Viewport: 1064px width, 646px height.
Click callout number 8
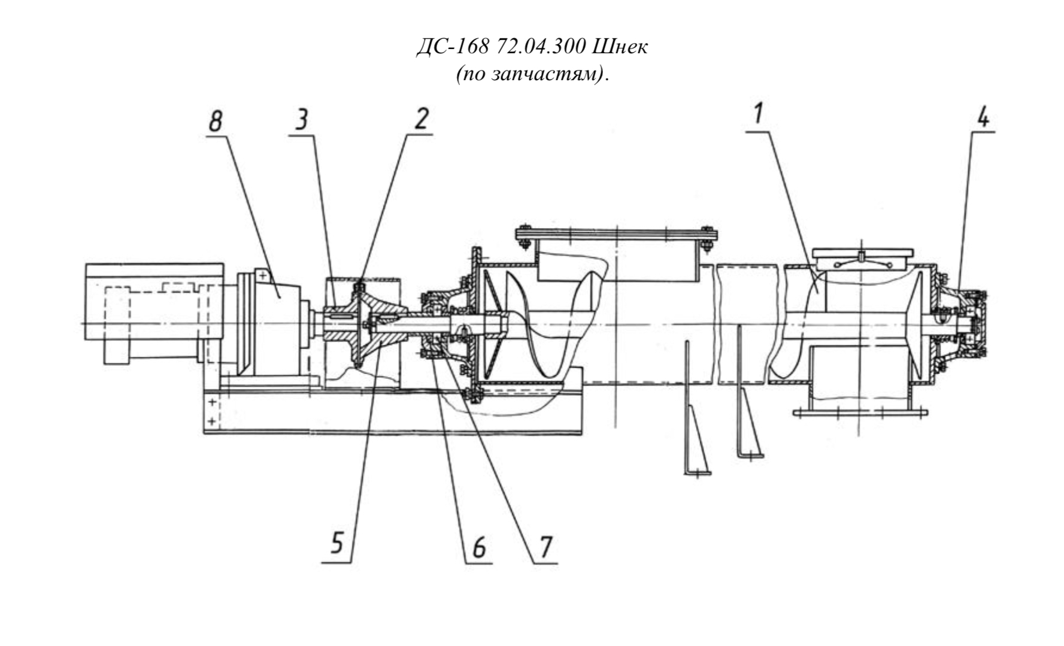tap(216, 122)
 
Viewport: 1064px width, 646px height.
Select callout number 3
tap(302, 119)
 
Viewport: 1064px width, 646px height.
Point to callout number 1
tap(759, 113)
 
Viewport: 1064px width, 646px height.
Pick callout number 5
tap(337, 544)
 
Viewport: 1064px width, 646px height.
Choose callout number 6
tap(479, 547)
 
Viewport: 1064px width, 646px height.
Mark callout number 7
tap(545, 547)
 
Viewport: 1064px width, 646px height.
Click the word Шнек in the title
tap(620, 47)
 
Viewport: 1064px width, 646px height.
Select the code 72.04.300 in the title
tap(541, 47)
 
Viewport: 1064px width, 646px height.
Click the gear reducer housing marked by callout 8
tap(272, 323)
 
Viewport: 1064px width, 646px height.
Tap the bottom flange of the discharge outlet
tap(860, 412)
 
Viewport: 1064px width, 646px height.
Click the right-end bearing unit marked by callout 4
tap(962, 324)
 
